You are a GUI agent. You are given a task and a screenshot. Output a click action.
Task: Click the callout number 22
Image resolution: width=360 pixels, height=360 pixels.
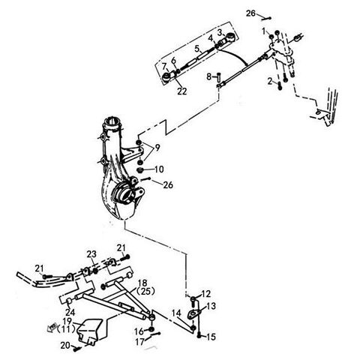182,91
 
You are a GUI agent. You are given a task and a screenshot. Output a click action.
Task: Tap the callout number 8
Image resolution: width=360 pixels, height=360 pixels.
209,76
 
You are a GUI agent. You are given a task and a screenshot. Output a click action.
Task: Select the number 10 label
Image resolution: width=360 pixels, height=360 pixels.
159,169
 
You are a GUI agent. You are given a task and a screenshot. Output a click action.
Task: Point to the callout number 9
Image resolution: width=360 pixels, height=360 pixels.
157,148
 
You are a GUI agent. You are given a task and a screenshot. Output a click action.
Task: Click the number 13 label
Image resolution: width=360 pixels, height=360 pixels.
211,306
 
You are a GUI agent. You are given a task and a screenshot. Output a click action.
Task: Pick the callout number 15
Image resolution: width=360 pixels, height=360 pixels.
211,337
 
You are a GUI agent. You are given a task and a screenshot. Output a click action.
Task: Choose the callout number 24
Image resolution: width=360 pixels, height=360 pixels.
70,312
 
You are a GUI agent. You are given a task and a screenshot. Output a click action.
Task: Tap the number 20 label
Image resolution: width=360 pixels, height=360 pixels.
65,345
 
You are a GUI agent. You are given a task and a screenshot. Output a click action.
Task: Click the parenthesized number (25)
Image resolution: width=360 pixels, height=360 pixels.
146,291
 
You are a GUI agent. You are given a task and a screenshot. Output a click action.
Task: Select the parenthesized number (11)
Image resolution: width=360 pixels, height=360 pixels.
66,329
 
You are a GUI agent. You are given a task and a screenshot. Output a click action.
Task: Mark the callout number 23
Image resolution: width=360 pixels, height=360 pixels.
91,254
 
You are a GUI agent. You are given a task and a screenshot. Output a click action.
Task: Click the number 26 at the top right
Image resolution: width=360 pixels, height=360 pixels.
250,13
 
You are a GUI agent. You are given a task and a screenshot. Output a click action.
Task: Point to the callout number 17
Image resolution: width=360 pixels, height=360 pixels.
140,341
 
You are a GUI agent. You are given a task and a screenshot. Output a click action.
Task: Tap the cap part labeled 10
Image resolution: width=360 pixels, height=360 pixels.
140,170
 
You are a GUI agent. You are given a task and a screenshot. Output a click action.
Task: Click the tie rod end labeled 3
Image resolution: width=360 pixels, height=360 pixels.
229,38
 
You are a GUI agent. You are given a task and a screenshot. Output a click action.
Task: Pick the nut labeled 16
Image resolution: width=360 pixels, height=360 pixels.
151,328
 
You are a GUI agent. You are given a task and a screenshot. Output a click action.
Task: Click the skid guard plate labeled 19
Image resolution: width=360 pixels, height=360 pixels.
89,331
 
